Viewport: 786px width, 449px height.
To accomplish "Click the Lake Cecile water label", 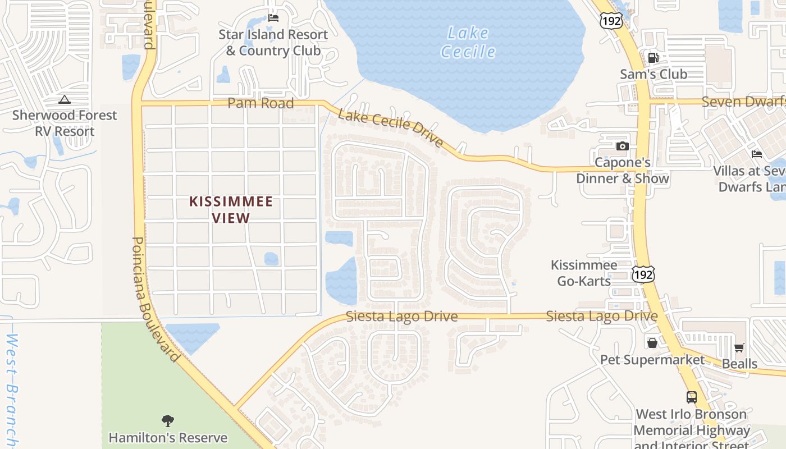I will (x=468, y=43).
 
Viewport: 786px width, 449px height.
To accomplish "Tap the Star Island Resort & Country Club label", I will (x=273, y=43).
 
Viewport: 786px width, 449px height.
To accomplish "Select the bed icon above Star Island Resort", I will (x=273, y=18).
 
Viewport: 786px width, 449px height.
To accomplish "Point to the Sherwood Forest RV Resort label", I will (x=65, y=123).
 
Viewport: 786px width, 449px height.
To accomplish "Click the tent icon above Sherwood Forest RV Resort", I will (x=65, y=100).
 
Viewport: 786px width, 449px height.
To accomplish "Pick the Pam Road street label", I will (x=261, y=103).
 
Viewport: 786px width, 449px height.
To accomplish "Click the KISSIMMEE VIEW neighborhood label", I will (x=231, y=209).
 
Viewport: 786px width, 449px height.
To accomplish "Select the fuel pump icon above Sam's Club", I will (x=653, y=58).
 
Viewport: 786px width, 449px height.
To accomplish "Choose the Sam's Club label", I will (x=654, y=74).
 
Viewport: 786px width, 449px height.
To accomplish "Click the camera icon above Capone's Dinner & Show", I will (x=622, y=146).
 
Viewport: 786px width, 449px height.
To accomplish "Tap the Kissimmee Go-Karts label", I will (x=584, y=273).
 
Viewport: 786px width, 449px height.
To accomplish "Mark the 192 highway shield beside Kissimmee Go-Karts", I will (x=643, y=274).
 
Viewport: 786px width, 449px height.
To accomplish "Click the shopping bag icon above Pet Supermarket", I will (x=652, y=342).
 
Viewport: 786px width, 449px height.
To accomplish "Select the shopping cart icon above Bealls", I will (x=739, y=348).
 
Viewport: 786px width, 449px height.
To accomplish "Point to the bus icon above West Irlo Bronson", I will (x=692, y=397).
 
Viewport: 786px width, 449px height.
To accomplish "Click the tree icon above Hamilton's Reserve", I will (x=167, y=420).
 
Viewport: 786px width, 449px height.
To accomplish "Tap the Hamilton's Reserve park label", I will (x=168, y=438).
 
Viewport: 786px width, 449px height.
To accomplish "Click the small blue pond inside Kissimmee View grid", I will (x=271, y=259).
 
